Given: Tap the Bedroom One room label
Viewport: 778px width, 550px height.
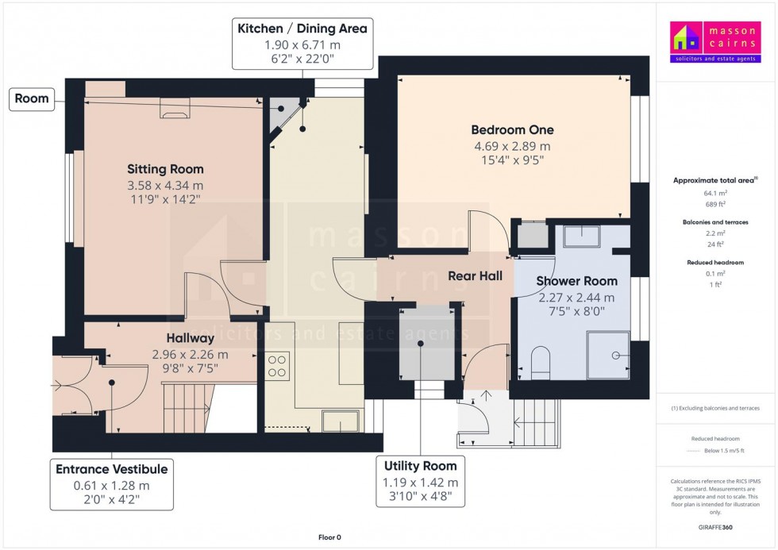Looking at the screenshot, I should point(512,130).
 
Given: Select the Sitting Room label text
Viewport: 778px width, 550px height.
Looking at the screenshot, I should point(165,169).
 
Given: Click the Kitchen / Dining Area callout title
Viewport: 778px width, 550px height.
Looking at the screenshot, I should point(302,29).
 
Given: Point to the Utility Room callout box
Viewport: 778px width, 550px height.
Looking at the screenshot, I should point(420,481).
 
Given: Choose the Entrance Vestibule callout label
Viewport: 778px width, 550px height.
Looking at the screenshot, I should point(111,469).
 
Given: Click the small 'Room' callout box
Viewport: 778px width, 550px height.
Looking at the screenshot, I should point(31,99).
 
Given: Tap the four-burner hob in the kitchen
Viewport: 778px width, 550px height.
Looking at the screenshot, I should point(277,366).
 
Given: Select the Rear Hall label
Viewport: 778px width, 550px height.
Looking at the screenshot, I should point(475,276).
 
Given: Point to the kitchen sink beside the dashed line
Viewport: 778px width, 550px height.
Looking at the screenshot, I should point(340,421).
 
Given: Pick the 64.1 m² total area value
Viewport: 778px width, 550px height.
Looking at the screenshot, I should point(716,193).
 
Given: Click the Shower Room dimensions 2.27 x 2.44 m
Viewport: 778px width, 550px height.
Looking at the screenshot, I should point(576,298).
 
